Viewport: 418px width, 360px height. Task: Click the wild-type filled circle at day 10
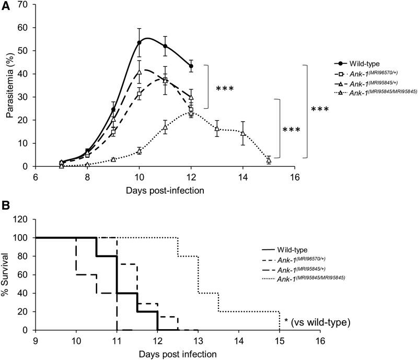point(139,42)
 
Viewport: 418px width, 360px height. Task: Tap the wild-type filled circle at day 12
point(191,66)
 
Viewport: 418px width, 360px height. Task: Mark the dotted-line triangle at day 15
point(269,160)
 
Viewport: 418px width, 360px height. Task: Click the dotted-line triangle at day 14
point(243,133)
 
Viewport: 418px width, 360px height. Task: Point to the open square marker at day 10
point(139,94)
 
